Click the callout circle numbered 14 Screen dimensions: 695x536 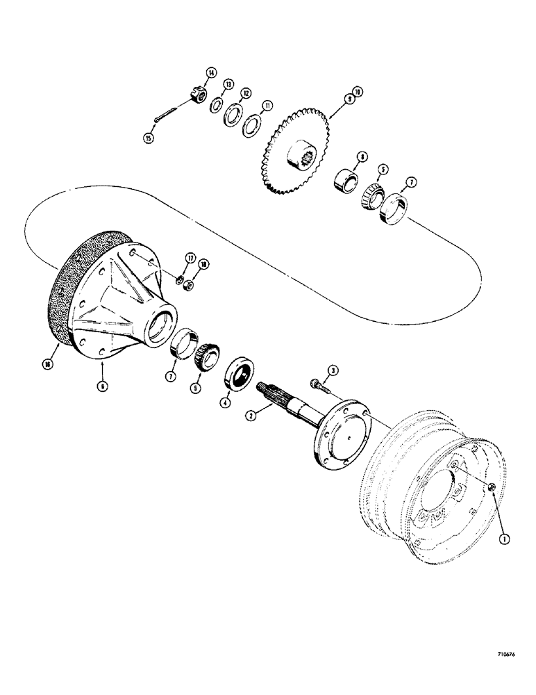point(211,71)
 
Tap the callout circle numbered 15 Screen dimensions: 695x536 point(149,138)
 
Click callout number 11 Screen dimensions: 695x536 point(267,106)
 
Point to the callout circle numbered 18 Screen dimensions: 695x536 point(203,264)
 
